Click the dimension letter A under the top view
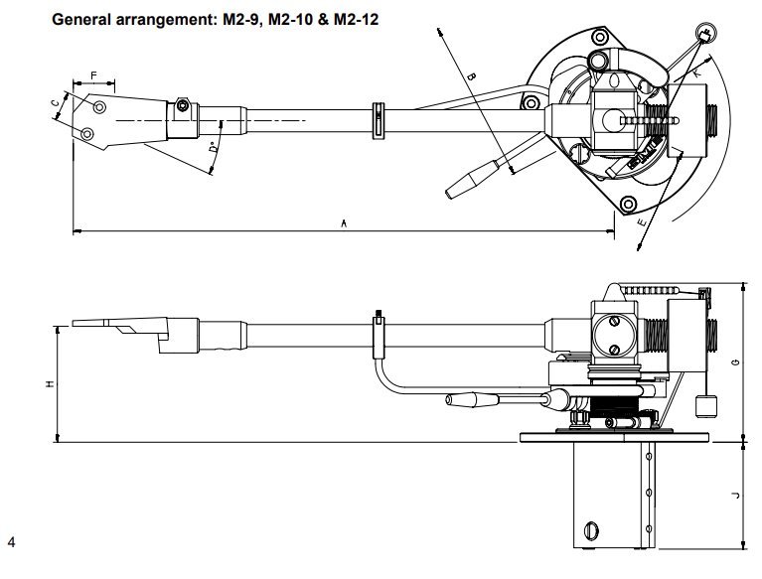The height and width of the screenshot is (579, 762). click(343, 226)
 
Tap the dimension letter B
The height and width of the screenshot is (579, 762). click(473, 77)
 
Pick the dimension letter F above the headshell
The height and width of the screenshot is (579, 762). click(93, 75)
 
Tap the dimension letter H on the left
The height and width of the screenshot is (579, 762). click(49, 382)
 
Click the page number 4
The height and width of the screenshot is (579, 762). click(11, 542)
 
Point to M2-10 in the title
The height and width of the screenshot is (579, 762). click(286, 19)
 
